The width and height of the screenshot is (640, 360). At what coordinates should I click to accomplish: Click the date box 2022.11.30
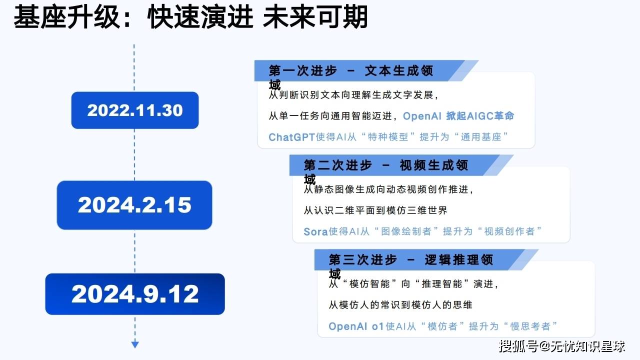135,110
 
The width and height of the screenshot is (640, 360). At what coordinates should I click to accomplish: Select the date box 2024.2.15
134,205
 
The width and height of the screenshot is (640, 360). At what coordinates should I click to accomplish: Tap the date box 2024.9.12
135,294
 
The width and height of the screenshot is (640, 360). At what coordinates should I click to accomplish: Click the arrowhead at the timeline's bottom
135,344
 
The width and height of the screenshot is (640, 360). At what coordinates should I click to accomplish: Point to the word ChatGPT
291,137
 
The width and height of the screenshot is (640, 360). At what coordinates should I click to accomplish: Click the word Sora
315,231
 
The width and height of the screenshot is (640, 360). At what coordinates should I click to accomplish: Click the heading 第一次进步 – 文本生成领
351,70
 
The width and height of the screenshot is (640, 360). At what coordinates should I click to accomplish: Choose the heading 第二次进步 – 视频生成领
386,165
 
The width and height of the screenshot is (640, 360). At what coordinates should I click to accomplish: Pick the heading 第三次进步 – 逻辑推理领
411,259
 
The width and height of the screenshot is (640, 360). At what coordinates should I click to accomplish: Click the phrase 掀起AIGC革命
480,115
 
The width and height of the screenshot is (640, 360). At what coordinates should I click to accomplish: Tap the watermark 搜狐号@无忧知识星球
562,346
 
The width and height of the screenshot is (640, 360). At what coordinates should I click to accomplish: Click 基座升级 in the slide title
66,17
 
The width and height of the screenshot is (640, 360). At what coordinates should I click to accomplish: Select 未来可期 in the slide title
315,17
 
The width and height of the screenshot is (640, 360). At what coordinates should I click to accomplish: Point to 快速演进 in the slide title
200,17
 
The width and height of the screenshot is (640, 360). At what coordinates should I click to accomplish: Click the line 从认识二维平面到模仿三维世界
375,210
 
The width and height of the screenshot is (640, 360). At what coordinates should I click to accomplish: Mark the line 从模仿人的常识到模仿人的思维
400,305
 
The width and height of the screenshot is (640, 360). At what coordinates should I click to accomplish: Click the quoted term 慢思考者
530,326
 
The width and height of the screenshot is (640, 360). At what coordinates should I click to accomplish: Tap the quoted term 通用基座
481,137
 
